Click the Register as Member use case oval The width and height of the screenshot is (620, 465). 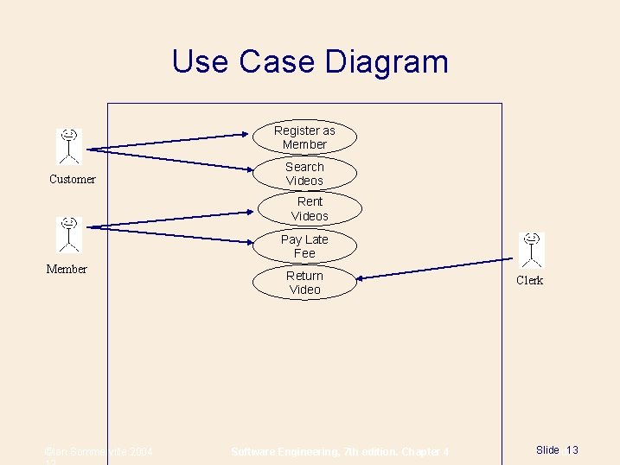point(304,137)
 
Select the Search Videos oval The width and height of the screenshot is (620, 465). point(304,174)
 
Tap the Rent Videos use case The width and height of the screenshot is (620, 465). point(310,208)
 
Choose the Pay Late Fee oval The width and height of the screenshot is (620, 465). point(304,245)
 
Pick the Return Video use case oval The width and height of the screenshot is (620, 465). point(304,283)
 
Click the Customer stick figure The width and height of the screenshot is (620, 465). point(69,146)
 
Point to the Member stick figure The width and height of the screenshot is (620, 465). point(69,234)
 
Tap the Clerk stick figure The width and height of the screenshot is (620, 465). point(532,250)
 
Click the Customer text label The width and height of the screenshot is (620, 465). point(73,180)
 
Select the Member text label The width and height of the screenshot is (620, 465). point(67,270)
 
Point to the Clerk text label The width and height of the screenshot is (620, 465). point(530,281)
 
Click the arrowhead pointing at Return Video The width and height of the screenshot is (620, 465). point(361,277)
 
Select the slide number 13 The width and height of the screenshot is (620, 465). point(572,450)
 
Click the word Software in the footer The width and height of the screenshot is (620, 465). point(257,452)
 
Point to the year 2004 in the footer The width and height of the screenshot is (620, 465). point(140,452)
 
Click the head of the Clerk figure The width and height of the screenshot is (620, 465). point(532,238)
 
